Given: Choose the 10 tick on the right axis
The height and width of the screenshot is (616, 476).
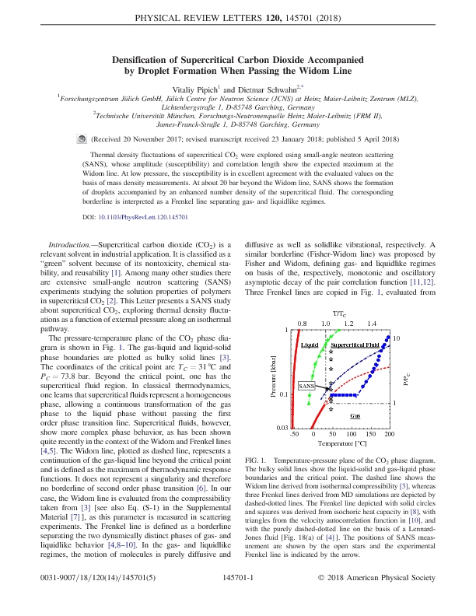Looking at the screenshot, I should click(x=397, y=339).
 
